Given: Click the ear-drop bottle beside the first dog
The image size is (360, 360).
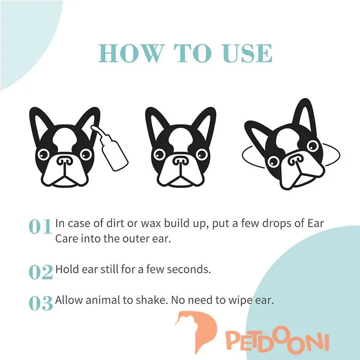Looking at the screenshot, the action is (111, 148).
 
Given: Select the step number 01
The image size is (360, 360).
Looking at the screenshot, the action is (40, 226).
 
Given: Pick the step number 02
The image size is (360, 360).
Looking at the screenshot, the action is (40, 272).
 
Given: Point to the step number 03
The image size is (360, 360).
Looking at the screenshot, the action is (40, 303).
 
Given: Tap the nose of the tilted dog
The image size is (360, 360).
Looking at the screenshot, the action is (296, 159).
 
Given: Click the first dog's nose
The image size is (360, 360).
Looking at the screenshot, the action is (65, 161).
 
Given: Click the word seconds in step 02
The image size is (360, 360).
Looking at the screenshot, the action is (189, 269).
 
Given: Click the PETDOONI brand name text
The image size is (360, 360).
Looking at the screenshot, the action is (277, 342).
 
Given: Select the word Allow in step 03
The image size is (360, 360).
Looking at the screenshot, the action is (68, 300).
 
